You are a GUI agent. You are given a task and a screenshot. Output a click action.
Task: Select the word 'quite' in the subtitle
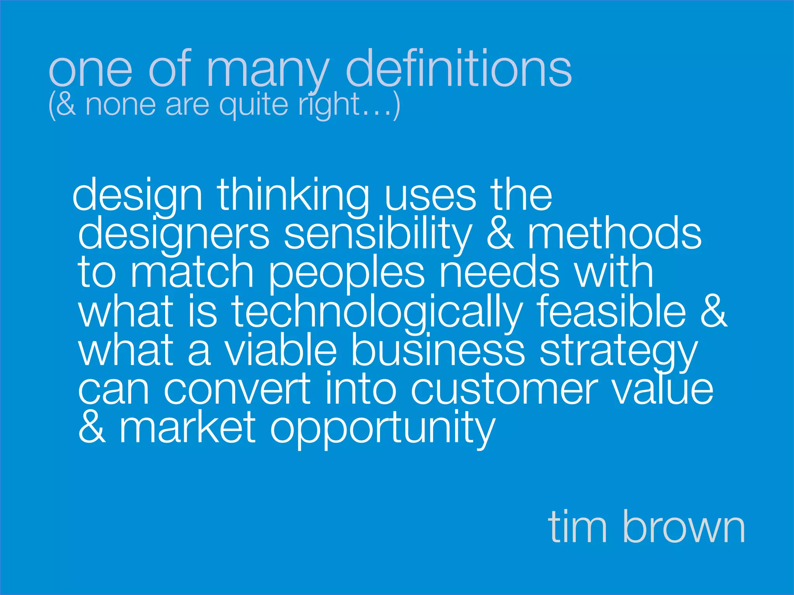coord(254,105)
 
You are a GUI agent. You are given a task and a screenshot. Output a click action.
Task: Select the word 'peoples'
coord(346,273)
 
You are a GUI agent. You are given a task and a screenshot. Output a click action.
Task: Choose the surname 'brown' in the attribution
coord(684,527)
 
